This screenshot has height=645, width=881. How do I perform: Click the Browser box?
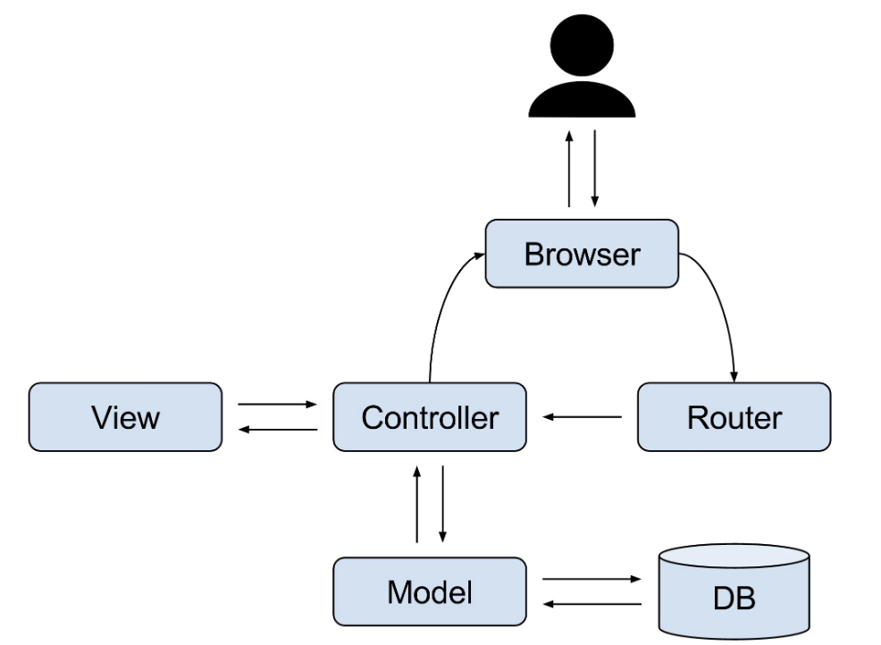582,254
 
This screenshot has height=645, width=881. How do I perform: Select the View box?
125,417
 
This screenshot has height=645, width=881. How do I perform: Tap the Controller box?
430,417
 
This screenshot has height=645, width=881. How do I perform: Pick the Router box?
734,417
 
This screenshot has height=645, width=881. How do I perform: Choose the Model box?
430,591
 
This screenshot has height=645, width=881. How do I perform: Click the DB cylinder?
734,591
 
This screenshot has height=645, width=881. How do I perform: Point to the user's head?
582,45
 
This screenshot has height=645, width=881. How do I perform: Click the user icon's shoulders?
582,99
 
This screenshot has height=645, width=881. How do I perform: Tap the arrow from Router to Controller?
582,417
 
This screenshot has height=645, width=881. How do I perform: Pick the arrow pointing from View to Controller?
278,404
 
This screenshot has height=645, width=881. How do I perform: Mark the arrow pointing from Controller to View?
278,430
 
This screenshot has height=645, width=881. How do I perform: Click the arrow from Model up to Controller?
417,504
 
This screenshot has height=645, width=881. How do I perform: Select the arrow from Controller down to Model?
443,504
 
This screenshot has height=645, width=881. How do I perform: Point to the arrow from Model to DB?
592,579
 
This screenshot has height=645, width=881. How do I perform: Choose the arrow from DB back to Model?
592,604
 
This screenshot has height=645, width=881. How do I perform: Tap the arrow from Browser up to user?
569,169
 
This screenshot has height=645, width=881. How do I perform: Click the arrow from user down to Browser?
595,169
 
